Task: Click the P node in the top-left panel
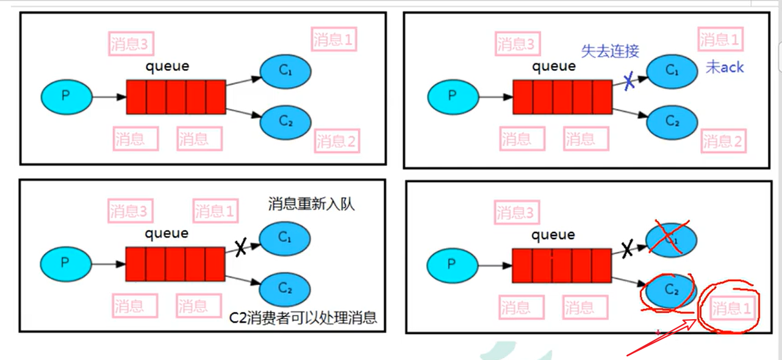(x=66, y=96)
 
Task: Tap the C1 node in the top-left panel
(x=285, y=71)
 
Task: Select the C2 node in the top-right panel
(x=672, y=121)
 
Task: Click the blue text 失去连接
(x=610, y=51)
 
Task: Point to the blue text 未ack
(x=725, y=67)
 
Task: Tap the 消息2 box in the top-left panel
(x=335, y=142)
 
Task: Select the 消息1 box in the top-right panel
(x=720, y=40)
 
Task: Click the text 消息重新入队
(x=311, y=204)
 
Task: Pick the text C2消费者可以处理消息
(x=303, y=318)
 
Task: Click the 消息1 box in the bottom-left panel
(x=215, y=212)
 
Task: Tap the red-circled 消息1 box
(x=732, y=309)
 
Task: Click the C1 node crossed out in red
(x=672, y=239)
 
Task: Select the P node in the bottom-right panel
(x=451, y=264)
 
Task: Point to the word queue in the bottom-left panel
(x=167, y=233)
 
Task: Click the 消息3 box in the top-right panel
(x=515, y=44)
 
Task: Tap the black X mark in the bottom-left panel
(x=240, y=247)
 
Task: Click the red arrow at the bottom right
(x=662, y=339)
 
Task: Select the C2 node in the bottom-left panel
(x=285, y=287)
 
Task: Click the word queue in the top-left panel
(x=167, y=66)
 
